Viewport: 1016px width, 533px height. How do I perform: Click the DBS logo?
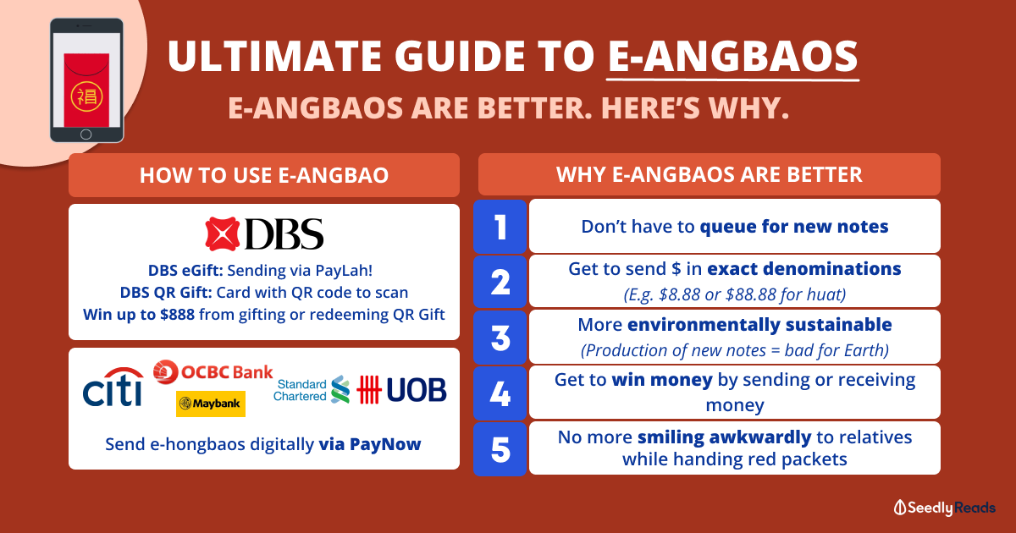click(264, 234)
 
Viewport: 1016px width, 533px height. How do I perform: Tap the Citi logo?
click(113, 387)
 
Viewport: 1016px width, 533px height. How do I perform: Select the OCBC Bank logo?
click(213, 372)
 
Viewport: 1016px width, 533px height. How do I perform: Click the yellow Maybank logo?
click(211, 404)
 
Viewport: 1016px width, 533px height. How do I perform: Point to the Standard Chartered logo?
click(312, 390)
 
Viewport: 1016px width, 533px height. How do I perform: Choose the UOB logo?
click(401, 390)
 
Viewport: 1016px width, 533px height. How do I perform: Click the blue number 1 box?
click(500, 226)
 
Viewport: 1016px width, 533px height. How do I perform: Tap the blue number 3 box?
click(500, 338)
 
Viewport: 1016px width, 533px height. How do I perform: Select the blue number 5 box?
click(500, 449)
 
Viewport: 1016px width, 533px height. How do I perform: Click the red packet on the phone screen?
click(86, 91)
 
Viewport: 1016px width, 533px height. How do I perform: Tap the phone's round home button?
click(86, 135)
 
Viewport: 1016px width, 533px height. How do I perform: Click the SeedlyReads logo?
click(944, 508)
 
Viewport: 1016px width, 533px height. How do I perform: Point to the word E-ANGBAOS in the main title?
click(732, 57)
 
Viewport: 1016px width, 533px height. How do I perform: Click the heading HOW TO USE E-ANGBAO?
click(264, 175)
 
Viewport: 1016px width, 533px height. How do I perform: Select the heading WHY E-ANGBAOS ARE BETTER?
click(710, 174)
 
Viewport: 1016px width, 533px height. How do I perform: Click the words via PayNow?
click(370, 444)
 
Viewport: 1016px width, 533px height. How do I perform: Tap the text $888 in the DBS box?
click(177, 314)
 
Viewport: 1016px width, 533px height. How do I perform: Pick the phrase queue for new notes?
click(794, 226)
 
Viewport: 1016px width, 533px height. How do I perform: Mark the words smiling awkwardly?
click(725, 437)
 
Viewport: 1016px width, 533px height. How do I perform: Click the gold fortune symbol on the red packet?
click(86, 96)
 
